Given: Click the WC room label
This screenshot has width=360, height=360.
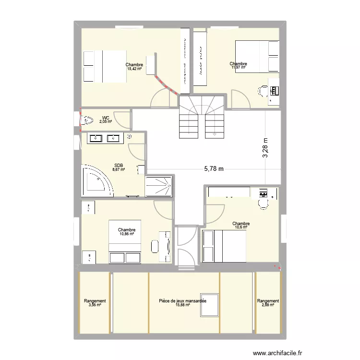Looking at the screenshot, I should coord(106,117).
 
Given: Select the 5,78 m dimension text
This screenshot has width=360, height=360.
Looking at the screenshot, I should coord(214,168).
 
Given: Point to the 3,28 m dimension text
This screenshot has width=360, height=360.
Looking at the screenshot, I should coord(265,148).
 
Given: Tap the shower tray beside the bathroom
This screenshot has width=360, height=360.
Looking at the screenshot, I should coord(158,186).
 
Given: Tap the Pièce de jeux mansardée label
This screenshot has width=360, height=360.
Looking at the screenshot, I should coord(182,301).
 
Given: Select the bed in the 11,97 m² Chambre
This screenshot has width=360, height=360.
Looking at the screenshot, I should coord(257,56).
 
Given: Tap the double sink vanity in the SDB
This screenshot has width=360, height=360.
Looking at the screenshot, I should coord(104,138).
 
